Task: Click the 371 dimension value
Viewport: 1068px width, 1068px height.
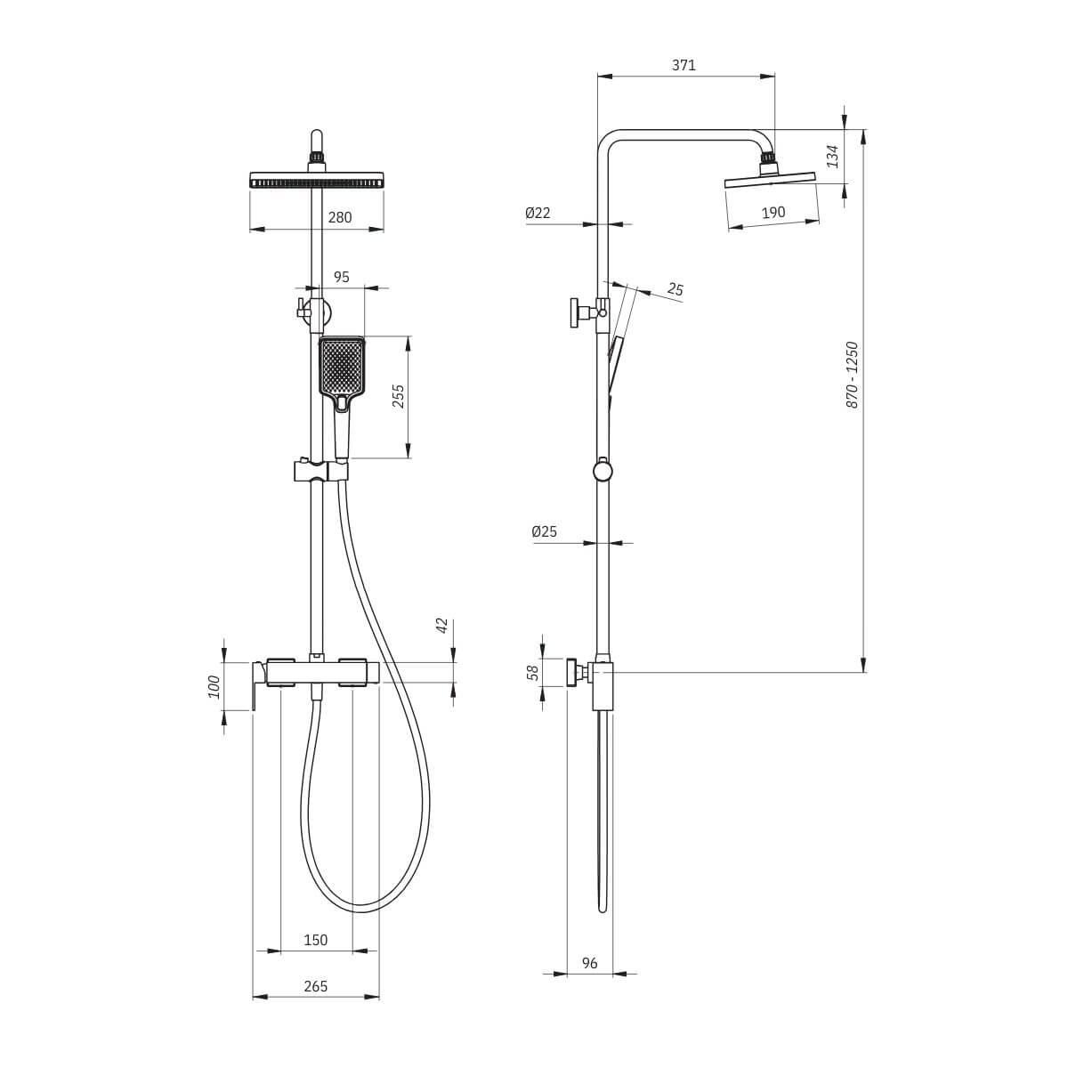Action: [x=684, y=65]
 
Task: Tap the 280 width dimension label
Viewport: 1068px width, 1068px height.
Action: [x=340, y=217]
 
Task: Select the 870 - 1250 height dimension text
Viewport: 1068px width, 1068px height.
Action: [x=852, y=376]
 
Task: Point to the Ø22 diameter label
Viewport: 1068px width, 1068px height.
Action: [x=538, y=213]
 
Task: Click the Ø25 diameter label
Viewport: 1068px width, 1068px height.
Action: [x=545, y=531]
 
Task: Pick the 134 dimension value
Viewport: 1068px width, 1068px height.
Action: [x=833, y=157]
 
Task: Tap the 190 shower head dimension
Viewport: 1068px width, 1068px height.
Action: [x=773, y=213]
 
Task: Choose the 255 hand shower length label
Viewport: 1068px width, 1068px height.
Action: [x=399, y=396]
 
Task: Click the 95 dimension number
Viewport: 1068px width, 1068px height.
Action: [x=342, y=277]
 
